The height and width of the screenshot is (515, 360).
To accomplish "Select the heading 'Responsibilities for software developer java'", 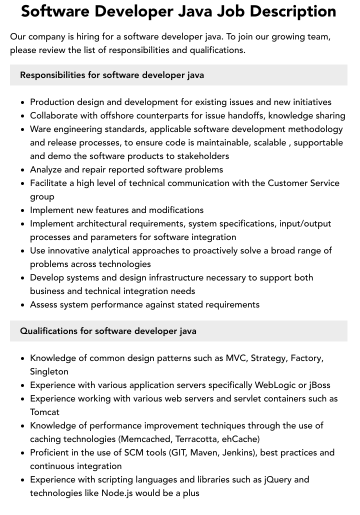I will click(x=112, y=75).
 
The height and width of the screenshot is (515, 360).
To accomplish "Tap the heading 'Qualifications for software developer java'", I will click(x=108, y=331).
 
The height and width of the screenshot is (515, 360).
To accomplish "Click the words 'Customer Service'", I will click(x=303, y=183).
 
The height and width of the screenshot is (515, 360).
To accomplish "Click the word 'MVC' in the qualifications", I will click(x=235, y=358).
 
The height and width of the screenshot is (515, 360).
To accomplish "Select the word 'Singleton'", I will click(x=49, y=371).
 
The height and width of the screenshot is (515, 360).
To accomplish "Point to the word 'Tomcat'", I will click(x=44, y=412).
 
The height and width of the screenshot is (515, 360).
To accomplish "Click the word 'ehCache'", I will click(x=240, y=439).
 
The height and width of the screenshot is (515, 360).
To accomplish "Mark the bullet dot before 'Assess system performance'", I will click(x=23, y=305).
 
